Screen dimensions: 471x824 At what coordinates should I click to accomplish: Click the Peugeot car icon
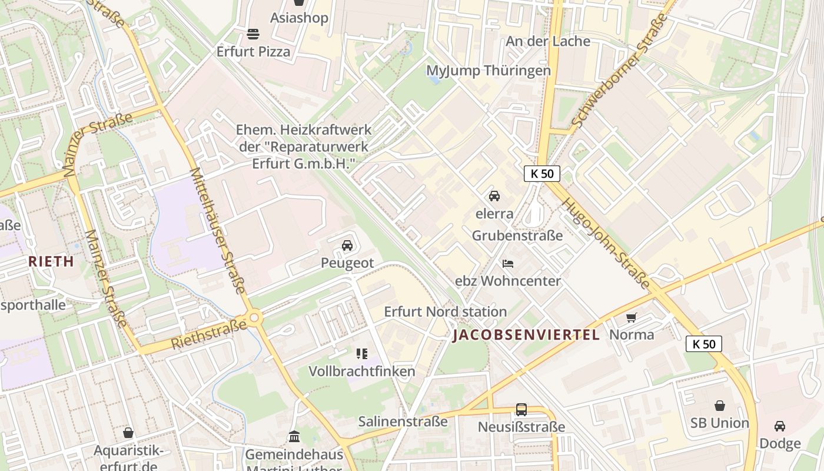(347, 246)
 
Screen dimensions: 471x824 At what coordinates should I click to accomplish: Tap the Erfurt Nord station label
(445, 311)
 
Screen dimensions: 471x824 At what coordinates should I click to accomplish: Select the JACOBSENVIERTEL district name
(526, 335)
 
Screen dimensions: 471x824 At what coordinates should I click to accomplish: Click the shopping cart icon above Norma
(632, 317)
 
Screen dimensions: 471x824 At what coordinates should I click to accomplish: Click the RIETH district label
(51, 261)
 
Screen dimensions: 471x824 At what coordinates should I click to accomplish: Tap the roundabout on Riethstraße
(254, 318)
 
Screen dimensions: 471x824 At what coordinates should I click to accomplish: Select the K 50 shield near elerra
(541, 174)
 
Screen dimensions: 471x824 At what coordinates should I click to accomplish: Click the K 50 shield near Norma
(703, 344)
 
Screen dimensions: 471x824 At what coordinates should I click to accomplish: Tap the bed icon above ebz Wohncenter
(507, 263)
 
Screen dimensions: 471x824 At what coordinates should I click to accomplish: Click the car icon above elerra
(494, 196)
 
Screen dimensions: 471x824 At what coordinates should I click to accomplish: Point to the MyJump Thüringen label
(489, 71)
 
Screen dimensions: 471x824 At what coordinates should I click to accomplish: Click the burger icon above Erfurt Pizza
(253, 34)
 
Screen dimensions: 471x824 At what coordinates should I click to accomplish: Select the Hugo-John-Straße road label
(606, 243)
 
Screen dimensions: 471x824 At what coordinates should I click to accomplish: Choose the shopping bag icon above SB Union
(719, 406)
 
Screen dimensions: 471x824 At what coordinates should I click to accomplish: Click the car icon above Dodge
(779, 426)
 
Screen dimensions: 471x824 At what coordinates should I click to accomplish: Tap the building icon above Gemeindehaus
(294, 437)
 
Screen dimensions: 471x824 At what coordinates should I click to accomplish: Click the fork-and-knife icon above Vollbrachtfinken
(362, 354)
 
